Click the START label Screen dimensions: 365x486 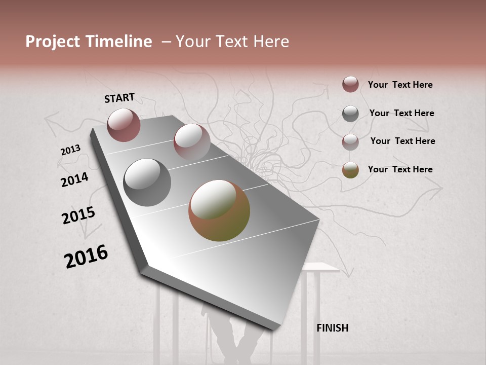(119, 98)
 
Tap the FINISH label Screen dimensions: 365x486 (332, 328)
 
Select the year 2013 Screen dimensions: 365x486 (70, 150)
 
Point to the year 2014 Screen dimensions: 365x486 (74, 179)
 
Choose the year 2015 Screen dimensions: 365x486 (78, 215)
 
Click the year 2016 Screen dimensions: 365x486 (86, 257)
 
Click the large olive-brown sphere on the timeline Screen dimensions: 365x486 (219, 210)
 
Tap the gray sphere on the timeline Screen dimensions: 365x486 (147, 182)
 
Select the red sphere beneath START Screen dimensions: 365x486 (124, 125)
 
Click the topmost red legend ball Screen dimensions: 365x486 (350, 84)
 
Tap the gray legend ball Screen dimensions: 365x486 (350, 113)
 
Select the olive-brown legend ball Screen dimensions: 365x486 (350, 170)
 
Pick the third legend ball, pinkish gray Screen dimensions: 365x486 (350, 141)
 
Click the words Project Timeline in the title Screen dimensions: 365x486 (89, 42)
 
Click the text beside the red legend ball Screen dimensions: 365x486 (400, 85)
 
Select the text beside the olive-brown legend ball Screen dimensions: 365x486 (400, 169)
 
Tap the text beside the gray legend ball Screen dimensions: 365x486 (401, 113)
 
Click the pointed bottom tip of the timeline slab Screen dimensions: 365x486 (274, 328)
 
